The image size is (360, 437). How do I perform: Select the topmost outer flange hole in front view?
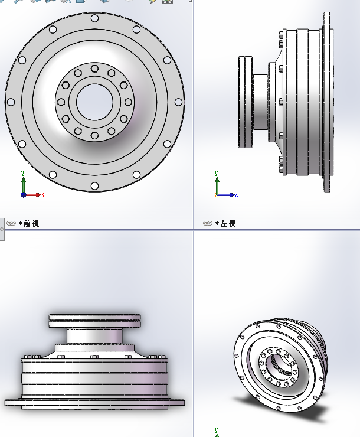pyautogui.click(x=94, y=18)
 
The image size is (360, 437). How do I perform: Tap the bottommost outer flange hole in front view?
pyautogui.click(x=94, y=185)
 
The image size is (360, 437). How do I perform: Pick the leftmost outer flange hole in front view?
pyautogui.click(x=11, y=102)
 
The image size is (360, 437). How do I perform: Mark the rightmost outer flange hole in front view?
pyautogui.click(x=178, y=102)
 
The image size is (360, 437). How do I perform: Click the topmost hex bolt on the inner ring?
pyautogui.click(x=94, y=69)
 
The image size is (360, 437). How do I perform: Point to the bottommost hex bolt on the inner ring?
pyautogui.click(x=94, y=135)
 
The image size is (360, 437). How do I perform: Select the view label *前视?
pyautogui.click(x=30, y=223)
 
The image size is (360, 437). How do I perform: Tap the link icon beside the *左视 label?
pyautogui.click(x=208, y=223)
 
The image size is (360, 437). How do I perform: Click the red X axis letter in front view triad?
pyautogui.click(x=43, y=195)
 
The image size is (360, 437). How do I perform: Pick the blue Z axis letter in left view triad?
pyautogui.click(x=236, y=195)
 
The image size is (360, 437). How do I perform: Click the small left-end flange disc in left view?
pyautogui.click(x=246, y=102)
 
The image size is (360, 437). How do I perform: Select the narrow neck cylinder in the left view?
pyautogui.click(x=260, y=102)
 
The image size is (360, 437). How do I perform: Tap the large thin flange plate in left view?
pyautogui.click(x=326, y=102)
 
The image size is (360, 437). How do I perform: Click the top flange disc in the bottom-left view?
pyautogui.click(x=94, y=321)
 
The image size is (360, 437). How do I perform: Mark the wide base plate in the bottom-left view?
pyautogui.click(x=94, y=403)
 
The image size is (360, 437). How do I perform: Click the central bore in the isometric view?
pyautogui.click(x=278, y=367)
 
